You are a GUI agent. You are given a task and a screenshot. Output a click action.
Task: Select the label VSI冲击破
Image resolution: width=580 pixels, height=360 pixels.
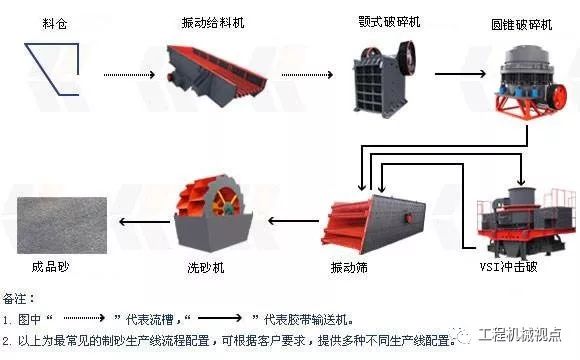tap(519, 269)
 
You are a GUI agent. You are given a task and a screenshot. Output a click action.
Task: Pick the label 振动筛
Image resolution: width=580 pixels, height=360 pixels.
tap(349, 269)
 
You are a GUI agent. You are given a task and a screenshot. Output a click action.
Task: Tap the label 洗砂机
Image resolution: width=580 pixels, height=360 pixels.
tap(207, 269)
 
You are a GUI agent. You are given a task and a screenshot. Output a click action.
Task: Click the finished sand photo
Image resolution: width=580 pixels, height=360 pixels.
tap(60, 222)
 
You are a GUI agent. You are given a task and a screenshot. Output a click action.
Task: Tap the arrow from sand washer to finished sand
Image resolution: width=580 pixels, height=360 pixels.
tap(140, 222)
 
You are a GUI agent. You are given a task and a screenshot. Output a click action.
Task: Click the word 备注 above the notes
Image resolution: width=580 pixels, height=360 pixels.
tap(18, 298)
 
